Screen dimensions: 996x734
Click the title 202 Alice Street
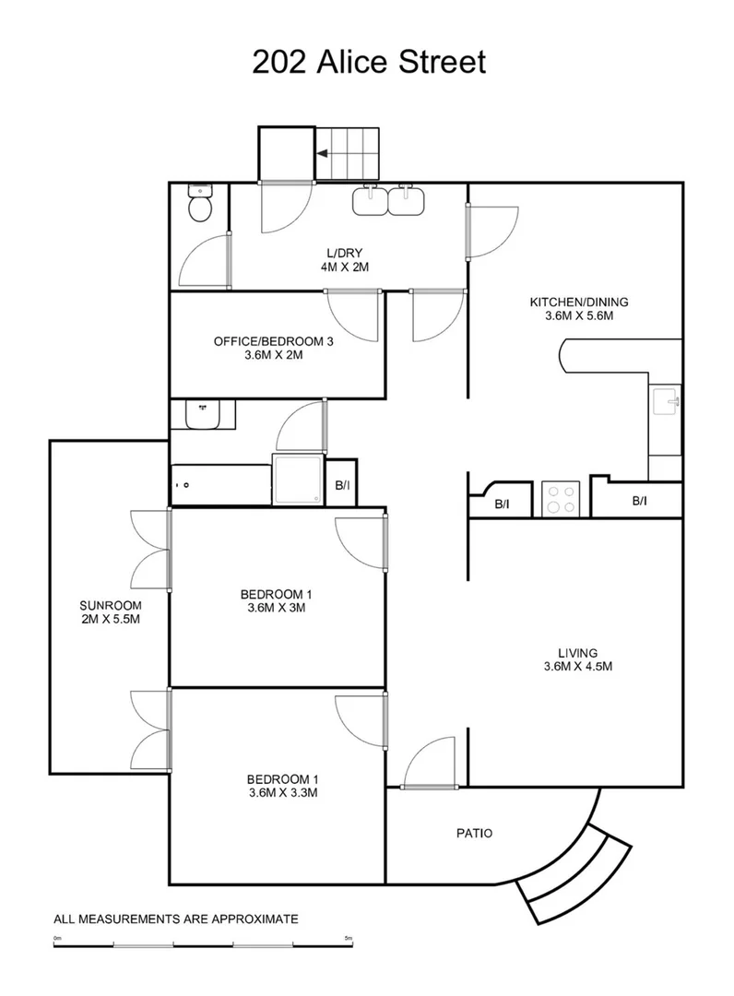367,63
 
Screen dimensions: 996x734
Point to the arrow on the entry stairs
326,154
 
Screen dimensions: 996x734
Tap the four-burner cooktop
559,498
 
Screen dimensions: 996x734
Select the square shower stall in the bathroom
298,480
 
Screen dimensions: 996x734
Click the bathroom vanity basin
201,415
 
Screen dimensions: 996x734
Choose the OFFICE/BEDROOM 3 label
272,341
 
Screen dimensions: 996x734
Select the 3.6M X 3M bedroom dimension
277,608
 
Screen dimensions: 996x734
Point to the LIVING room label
578,653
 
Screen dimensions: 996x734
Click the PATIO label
474,834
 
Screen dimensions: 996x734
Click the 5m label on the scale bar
349,938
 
